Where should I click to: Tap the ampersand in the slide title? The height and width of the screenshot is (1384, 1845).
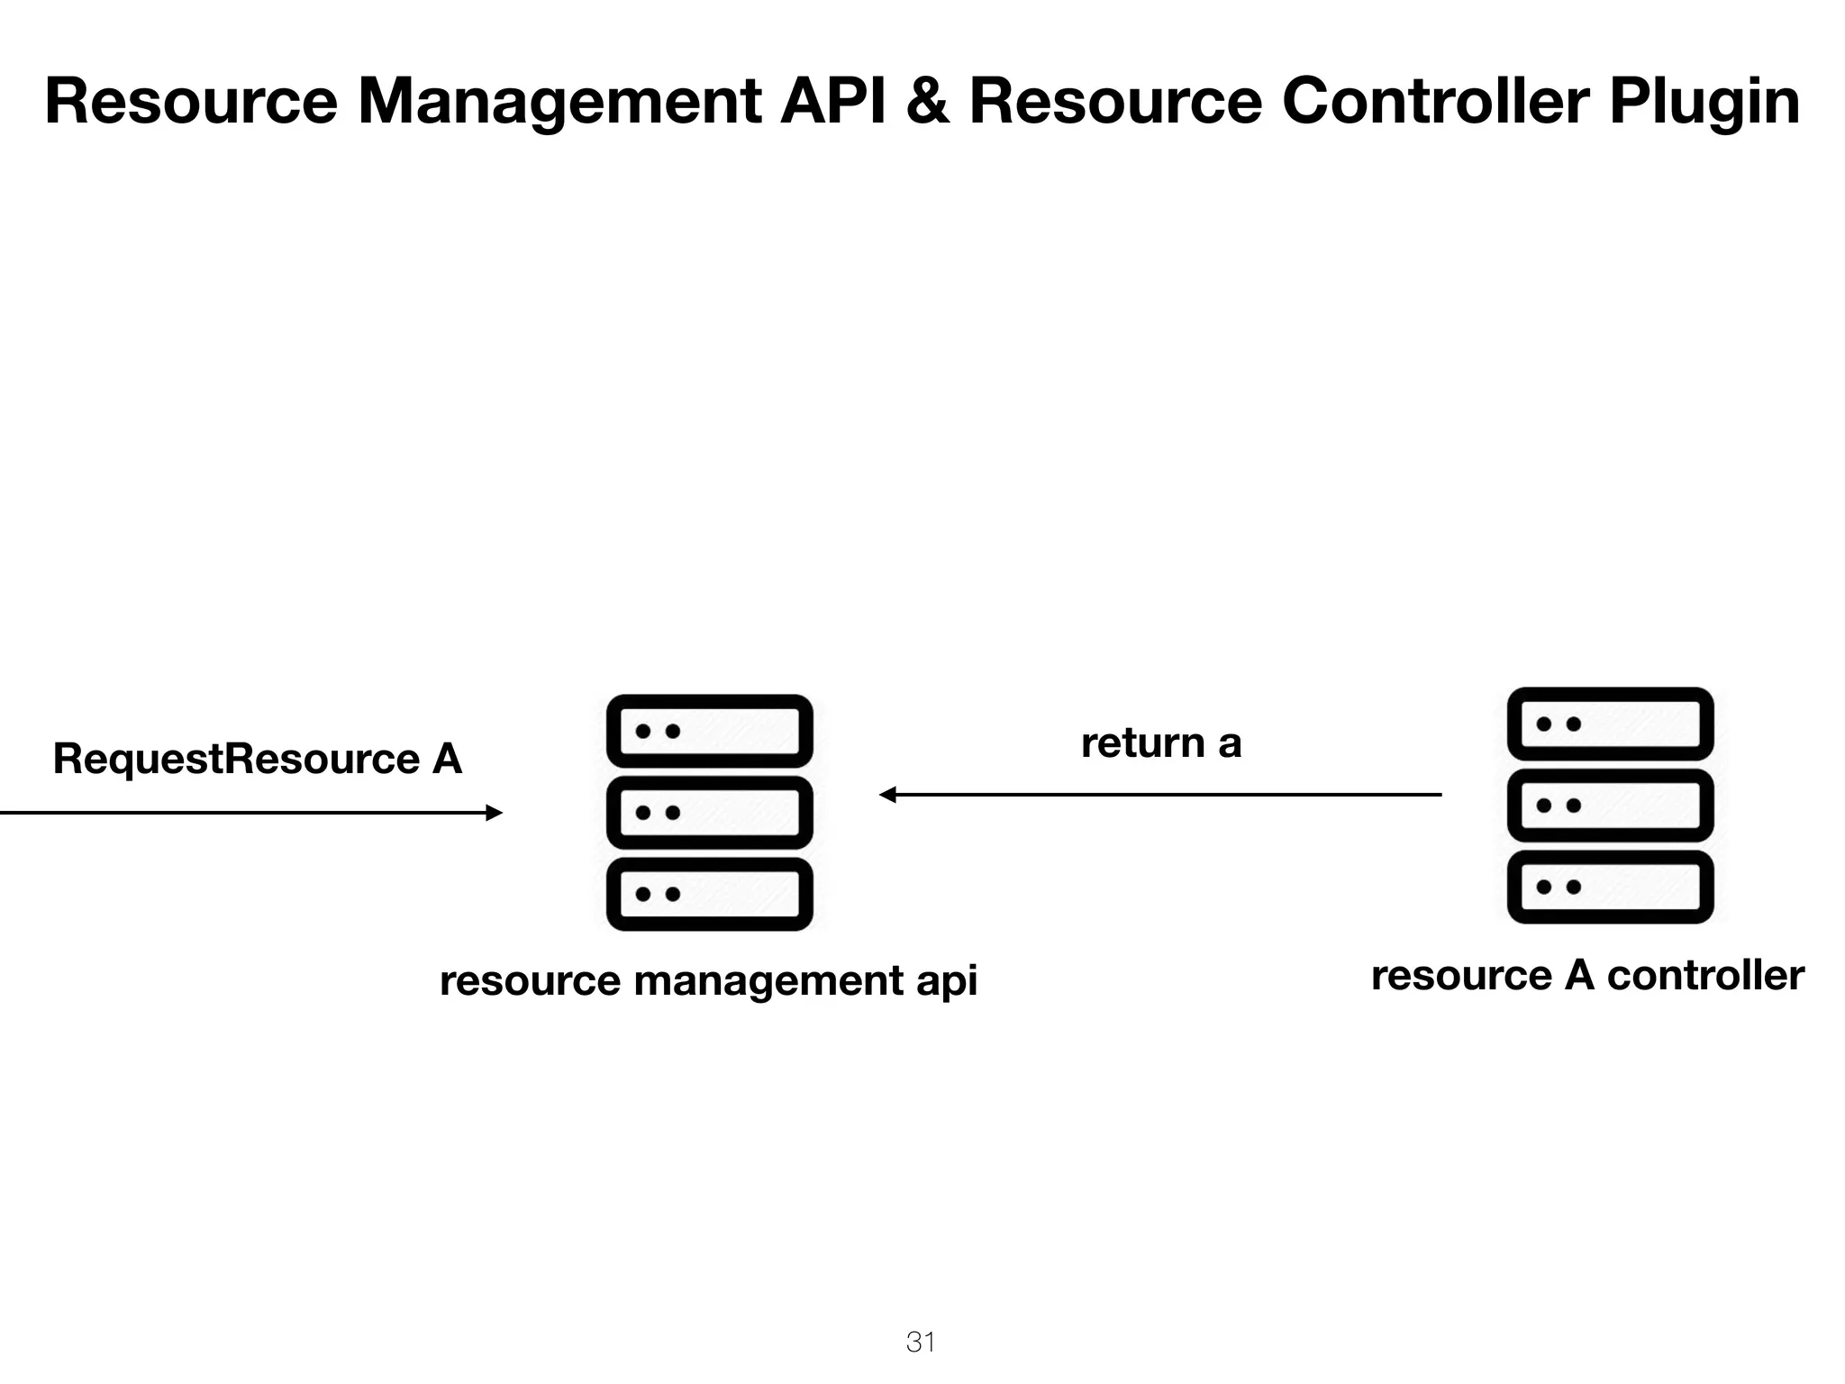tap(928, 101)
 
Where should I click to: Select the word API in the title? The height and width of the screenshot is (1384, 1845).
tap(832, 101)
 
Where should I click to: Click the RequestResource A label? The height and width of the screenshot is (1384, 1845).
tap(258, 759)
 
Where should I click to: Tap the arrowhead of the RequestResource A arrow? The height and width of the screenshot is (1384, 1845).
tap(494, 813)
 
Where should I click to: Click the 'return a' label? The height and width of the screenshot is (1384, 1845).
tap(1160, 744)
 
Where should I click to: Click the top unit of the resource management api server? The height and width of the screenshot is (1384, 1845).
tap(710, 731)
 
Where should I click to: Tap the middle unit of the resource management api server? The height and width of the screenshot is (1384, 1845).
tap(710, 813)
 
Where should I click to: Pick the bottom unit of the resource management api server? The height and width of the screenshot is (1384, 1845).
tap(710, 894)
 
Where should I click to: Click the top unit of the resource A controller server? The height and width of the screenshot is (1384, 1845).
tap(1610, 724)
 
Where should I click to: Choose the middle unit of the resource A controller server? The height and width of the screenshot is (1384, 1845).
tap(1610, 805)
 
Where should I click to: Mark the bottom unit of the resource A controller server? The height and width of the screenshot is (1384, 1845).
tap(1610, 887)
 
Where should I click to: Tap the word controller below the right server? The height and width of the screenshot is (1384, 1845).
tap(1704, 976)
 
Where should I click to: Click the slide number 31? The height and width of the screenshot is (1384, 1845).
tap(921, 1343)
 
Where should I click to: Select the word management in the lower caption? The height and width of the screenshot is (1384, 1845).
tap(768, 982)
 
